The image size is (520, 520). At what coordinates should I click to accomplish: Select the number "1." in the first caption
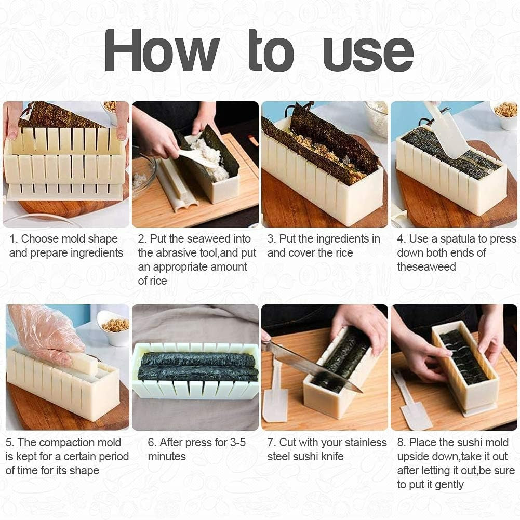[14, 239]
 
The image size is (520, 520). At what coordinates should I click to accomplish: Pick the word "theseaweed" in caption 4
[426, 267]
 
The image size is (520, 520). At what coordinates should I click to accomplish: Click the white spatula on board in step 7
[275, 395]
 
